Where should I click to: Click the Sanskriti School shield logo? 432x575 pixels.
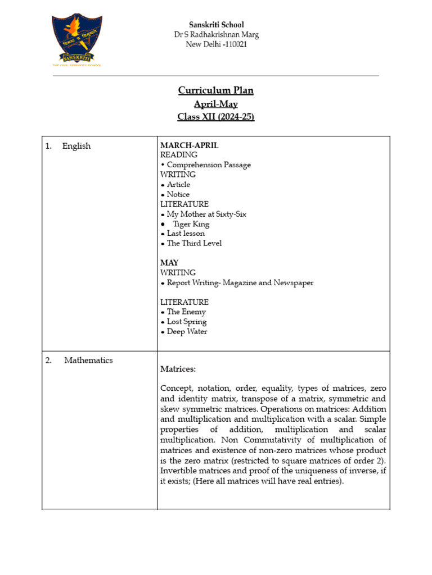[x=77, y=40]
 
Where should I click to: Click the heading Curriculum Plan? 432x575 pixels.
[x=215, y=91]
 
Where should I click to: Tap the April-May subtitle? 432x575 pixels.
[x=215, y=104]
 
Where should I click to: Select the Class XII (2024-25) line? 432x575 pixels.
[x=215, y=117]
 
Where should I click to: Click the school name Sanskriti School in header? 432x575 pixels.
[x=216, y=25]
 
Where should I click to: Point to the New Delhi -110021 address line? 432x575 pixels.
[x=216, y=44]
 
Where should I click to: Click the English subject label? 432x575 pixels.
[x=76, y=146]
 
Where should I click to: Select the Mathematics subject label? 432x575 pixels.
[x=88, y=360]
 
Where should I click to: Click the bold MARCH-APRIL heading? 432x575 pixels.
[x=189, y=145]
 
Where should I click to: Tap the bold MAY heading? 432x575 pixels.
[x=169, y=263]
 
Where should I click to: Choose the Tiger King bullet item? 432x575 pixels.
[x=191, y=224]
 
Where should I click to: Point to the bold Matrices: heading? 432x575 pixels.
[x=178, y=369]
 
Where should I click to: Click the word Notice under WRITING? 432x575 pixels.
[x=178, y=194]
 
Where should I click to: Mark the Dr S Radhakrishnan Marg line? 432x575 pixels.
[x=216, y=35]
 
